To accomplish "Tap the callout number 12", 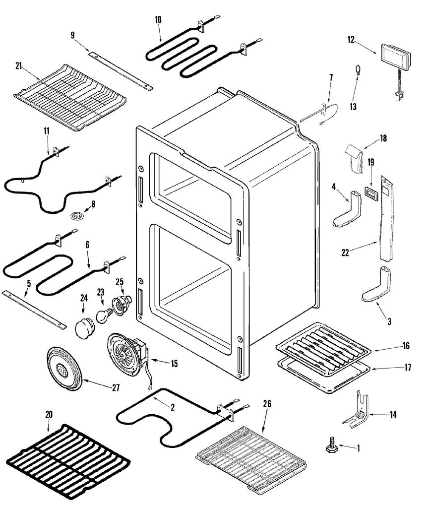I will [351, 41].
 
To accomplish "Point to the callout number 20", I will [49, 414].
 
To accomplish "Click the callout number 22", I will [345, 252].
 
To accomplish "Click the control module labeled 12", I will [396, 56].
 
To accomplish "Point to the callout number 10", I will [158, 20].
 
